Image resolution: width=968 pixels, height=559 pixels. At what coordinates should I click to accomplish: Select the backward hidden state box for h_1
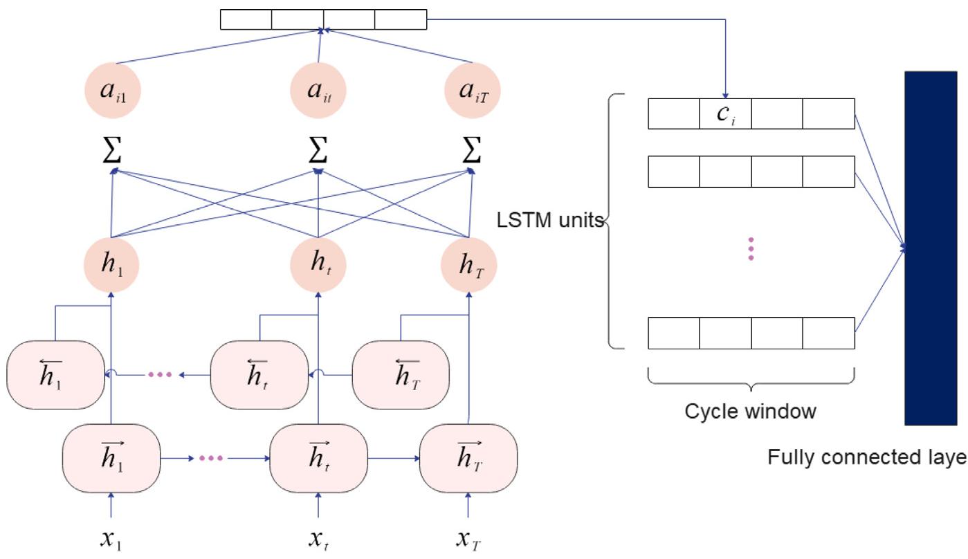click(x=55, y=374)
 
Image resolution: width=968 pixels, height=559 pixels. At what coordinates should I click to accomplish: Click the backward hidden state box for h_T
click(x=401, y=374)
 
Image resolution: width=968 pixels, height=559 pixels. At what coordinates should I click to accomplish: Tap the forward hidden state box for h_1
click(x=111, y=458)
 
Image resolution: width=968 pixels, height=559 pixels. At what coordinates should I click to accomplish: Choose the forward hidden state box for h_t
click(x=318, y=458)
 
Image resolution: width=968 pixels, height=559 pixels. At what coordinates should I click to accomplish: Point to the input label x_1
click(x=111, y=538)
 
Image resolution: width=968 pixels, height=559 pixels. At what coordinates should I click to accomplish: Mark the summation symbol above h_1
click(x=111, y=152)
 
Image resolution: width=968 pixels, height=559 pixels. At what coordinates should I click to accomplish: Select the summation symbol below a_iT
click(x=471, y=152)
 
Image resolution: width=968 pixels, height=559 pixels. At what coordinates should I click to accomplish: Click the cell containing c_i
click(x=725, y=114)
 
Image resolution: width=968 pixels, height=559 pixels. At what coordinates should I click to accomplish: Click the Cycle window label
click(x=750, y=412)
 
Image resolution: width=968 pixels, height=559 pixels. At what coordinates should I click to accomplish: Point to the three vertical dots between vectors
click(x=751, y=249)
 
